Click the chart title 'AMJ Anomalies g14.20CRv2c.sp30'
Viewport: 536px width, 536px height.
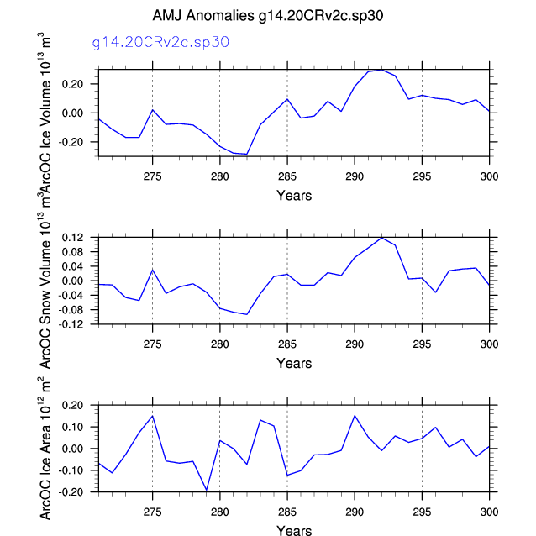[267, 16]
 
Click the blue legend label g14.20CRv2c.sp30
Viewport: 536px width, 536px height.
[160, 41]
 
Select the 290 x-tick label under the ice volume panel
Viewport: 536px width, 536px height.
[355, 176]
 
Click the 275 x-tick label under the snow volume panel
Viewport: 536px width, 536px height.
[152, 344]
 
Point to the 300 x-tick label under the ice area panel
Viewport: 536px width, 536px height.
[489, 512]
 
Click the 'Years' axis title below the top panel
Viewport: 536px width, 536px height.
[294, 196]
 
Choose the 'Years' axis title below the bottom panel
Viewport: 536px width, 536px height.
[294, 530]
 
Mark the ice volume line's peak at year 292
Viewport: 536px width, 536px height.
[381, 69]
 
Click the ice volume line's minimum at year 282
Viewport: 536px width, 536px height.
[246, 154]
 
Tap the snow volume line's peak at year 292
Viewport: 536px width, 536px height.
[381, 238]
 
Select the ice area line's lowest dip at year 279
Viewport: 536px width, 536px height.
[206, 490]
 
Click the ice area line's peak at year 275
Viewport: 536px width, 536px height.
[152, 416]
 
